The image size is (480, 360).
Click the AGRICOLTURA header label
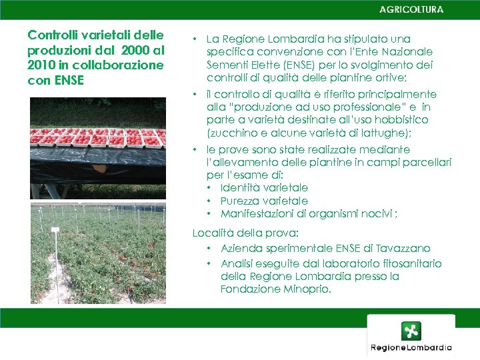(411, 10)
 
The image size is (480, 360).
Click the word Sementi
(225, 65)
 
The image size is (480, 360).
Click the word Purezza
(241, 201)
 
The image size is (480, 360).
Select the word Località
(211, 233)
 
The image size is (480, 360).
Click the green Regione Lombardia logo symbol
(411, 331)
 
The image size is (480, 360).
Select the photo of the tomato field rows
(97, 253)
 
